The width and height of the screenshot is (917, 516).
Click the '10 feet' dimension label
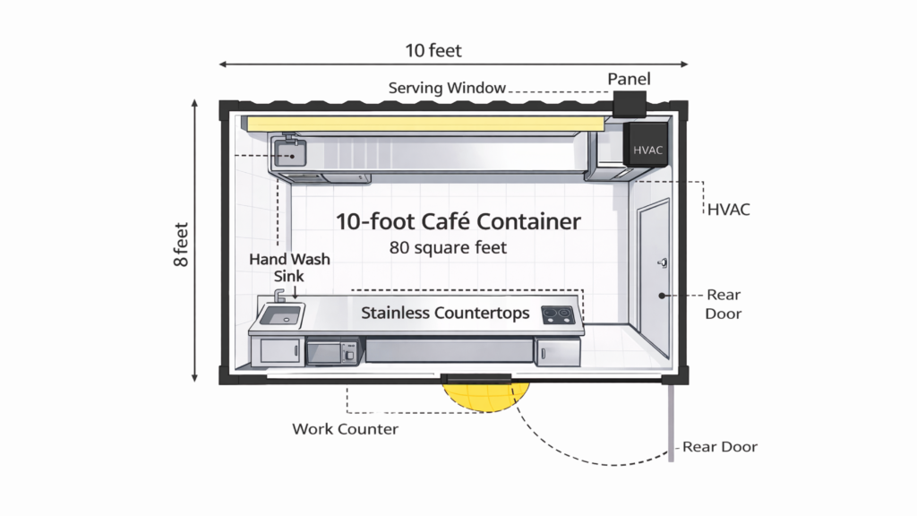(x=433, y=50)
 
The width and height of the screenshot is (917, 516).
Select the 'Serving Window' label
(x=447, y=88)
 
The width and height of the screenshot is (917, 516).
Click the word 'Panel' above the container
(x=630, y=80)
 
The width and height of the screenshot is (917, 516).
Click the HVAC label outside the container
(x=728, y=210)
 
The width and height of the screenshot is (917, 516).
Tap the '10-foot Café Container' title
(x=458, y=221)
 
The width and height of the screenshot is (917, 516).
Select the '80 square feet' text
(x=449, y=246)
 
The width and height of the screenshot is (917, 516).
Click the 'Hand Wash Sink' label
(x=289, y=267)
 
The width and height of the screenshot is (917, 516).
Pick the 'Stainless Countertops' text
(x=445, y=314)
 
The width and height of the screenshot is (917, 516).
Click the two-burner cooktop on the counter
(x=559, y=314)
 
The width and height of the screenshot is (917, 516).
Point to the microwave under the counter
(x=332, y=351)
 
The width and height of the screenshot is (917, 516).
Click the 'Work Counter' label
(x=345, y=429)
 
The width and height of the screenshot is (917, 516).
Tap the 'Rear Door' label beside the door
(x=724, y=304)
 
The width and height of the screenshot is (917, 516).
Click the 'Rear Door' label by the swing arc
(x=720, y=446)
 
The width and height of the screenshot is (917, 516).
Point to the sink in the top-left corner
(x=289, y=153)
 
